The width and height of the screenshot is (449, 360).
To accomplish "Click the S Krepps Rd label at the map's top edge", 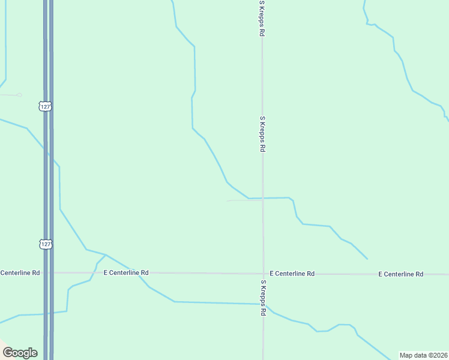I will click(x=262, y=19).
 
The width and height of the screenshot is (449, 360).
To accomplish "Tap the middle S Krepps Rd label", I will click(x=262, y=134).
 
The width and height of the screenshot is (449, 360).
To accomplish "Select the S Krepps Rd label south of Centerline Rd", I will click(x=263, y=298).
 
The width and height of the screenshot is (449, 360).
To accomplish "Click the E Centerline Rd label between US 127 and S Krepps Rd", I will click(x=126, y=272).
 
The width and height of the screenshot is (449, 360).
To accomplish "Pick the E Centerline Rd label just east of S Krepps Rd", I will click(x=292, y=274).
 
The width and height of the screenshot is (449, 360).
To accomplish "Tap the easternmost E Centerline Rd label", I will click(x=401, y=274).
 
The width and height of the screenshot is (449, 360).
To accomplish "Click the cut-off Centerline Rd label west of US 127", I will click(x=20, y=272).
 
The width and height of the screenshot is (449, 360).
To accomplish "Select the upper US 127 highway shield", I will click(x=45, y=106).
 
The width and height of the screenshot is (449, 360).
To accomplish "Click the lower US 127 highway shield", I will click(x=46, y=244).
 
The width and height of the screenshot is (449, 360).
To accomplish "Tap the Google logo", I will click(x=20, y=353).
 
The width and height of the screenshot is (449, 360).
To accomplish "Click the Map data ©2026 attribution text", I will click(x=423, y=355).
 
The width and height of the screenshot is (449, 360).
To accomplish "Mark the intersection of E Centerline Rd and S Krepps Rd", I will click(x=262, y=274).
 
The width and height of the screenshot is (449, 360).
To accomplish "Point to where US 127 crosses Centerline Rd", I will click(x=48, y=273).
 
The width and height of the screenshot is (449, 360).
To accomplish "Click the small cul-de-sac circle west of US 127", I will click(x=19, y=95).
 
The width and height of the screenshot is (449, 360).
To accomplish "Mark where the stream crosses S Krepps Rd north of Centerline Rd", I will click(x=262, y=198).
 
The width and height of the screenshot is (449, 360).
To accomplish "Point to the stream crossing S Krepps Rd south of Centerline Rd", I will click(x=263, y=304).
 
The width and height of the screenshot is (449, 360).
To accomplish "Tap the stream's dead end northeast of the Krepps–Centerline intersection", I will click(x=367, y=259).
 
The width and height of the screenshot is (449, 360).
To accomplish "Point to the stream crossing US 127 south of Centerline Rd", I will click(x=48, y=313).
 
